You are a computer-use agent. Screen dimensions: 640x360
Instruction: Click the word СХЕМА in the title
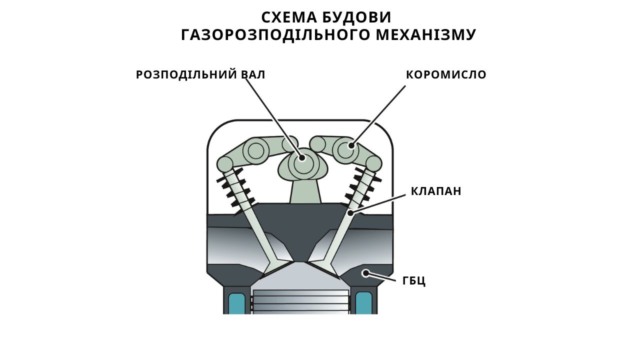pyautogui.click(x=289, y=17)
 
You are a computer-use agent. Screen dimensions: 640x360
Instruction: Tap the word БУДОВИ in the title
pyautogui.click(x=357, y=18)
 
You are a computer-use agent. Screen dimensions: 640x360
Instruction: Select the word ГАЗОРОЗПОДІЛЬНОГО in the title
pyautogui.click(x=275, y=35)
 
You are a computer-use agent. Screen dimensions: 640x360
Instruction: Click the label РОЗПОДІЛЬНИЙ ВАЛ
pyautogui.click(x=200, y=75)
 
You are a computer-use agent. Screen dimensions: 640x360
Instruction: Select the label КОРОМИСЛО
pyautogui.click(x=446, y=75)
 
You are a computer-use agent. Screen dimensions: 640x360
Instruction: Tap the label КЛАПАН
pyautogui.click(x=436, y=191)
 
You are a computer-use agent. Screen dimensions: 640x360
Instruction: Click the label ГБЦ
pyautogui.click(x=414, y=281)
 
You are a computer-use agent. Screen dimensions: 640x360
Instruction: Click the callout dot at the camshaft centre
pyautogui.click(x=301, y=157)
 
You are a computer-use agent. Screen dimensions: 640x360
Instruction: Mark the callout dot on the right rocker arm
pyautogui.click(x=351, y=145)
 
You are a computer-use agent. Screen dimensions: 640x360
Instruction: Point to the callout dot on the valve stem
pyautogui.click(x=350, y=213)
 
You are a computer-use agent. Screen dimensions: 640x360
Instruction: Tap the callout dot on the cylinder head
pyautogui.click(x=365, y=273)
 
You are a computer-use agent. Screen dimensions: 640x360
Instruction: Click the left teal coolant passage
pyautogui.click(x=237, y=303)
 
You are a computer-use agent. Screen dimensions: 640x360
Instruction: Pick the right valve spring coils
pyautogui.click(x=362, y=187)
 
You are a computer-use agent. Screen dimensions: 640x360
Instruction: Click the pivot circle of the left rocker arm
pyautogui.click(x=255, y=150)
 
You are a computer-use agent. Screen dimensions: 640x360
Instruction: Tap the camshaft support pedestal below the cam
pyautogui.click(x=305, y=191)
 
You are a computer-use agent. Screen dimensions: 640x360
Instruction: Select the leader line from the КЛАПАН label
pyautogui.click(x=377, y=204)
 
